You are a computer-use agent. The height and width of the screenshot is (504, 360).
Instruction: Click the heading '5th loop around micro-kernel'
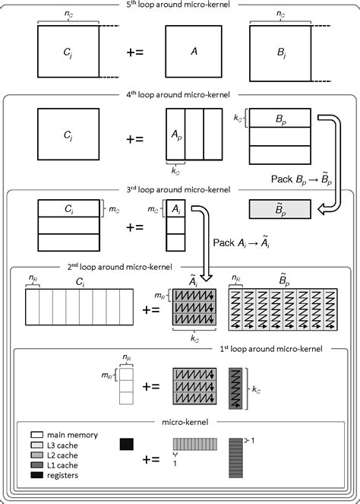coord(180,5)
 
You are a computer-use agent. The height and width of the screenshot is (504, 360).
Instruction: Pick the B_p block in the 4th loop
coord(279,118)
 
